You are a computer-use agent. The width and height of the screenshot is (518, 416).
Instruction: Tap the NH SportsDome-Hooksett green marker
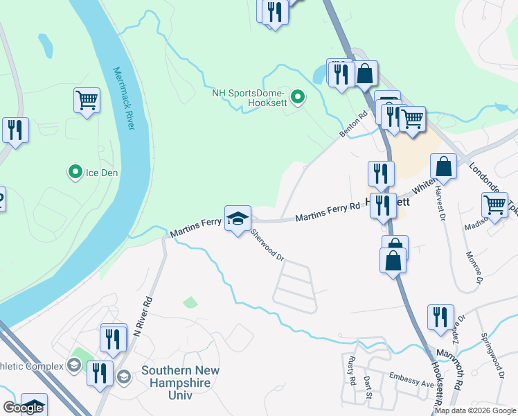coord(298,97)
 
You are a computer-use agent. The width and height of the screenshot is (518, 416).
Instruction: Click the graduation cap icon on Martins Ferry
coord(237,219)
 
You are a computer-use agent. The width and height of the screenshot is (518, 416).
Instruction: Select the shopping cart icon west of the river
coord(87,101)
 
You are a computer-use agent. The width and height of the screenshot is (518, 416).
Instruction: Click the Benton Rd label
coord(352,123)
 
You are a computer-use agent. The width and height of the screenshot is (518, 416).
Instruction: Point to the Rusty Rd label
coord(352,370)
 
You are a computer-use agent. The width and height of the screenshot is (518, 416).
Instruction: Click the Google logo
coord(23,408)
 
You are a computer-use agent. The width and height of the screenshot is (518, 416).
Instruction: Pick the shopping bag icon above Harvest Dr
coord(444,167)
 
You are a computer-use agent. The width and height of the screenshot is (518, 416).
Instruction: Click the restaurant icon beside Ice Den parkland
coord(15,130)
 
